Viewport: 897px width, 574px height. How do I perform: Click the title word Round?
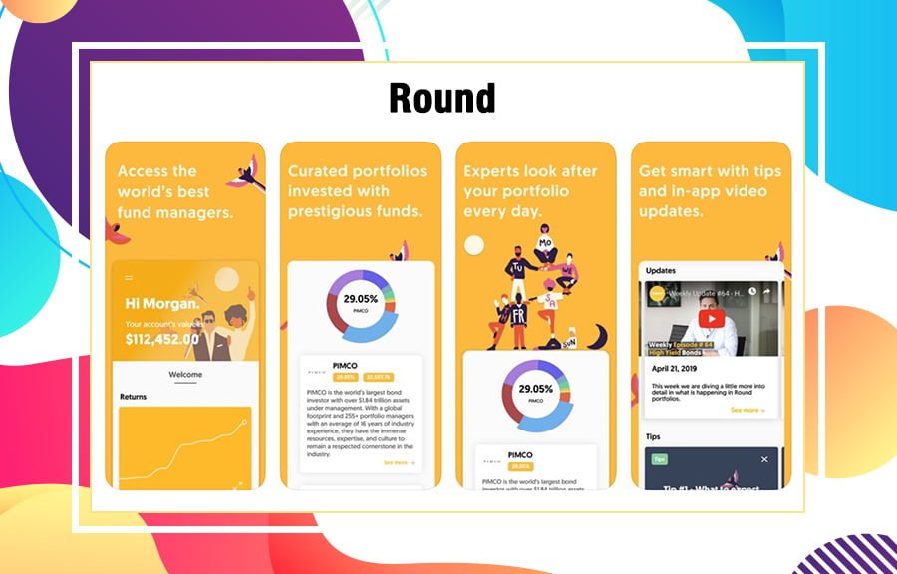tap(442, 98)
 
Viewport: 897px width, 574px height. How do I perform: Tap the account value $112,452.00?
tap(162, 339)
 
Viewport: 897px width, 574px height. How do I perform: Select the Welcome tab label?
tap(185, 375)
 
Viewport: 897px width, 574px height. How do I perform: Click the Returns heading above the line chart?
tap(133, 397)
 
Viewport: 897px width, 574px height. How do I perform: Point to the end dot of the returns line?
tap(245, 422)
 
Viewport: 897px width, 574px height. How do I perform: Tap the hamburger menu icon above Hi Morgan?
tap(129, 277)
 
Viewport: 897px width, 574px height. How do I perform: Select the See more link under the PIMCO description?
tap(398, 462)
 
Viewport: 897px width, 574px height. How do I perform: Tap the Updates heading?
tap(661, 270)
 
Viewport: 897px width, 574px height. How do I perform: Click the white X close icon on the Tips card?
tap(764, 459)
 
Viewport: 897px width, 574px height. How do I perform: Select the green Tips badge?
tap(659, 459)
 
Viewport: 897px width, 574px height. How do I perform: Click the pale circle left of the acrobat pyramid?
tap(474, 245)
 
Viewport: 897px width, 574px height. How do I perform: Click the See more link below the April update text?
tap(747, 410)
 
